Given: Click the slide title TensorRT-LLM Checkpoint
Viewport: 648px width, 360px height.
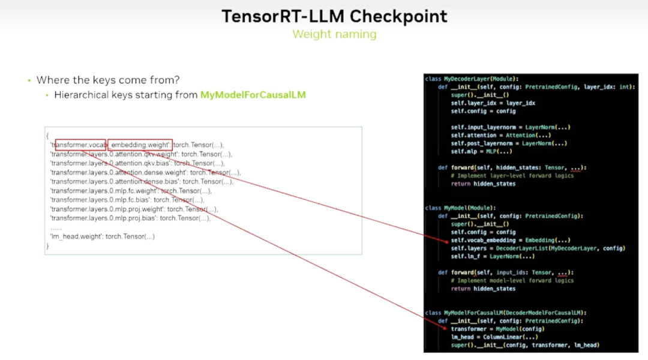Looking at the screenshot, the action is coord(334,16).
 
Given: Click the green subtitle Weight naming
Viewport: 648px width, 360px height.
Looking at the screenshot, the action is coord(334,34).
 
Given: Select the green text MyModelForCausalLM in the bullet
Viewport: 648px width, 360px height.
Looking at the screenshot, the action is coord(253,95).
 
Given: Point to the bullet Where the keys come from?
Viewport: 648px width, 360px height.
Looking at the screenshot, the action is coord(108,80).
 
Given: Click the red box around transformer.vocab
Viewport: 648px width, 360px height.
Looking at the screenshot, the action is coord(80,145).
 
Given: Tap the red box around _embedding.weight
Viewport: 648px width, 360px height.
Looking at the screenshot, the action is coord(140,145).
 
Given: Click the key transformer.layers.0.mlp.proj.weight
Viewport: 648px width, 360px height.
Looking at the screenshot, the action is coord(107,209).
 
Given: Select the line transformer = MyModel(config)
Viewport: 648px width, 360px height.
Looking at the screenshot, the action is coord(497,329).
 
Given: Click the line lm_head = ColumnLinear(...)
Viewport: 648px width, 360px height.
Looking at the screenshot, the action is coord(494,337).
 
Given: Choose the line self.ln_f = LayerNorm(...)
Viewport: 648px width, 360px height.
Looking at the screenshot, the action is coord(494,256).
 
